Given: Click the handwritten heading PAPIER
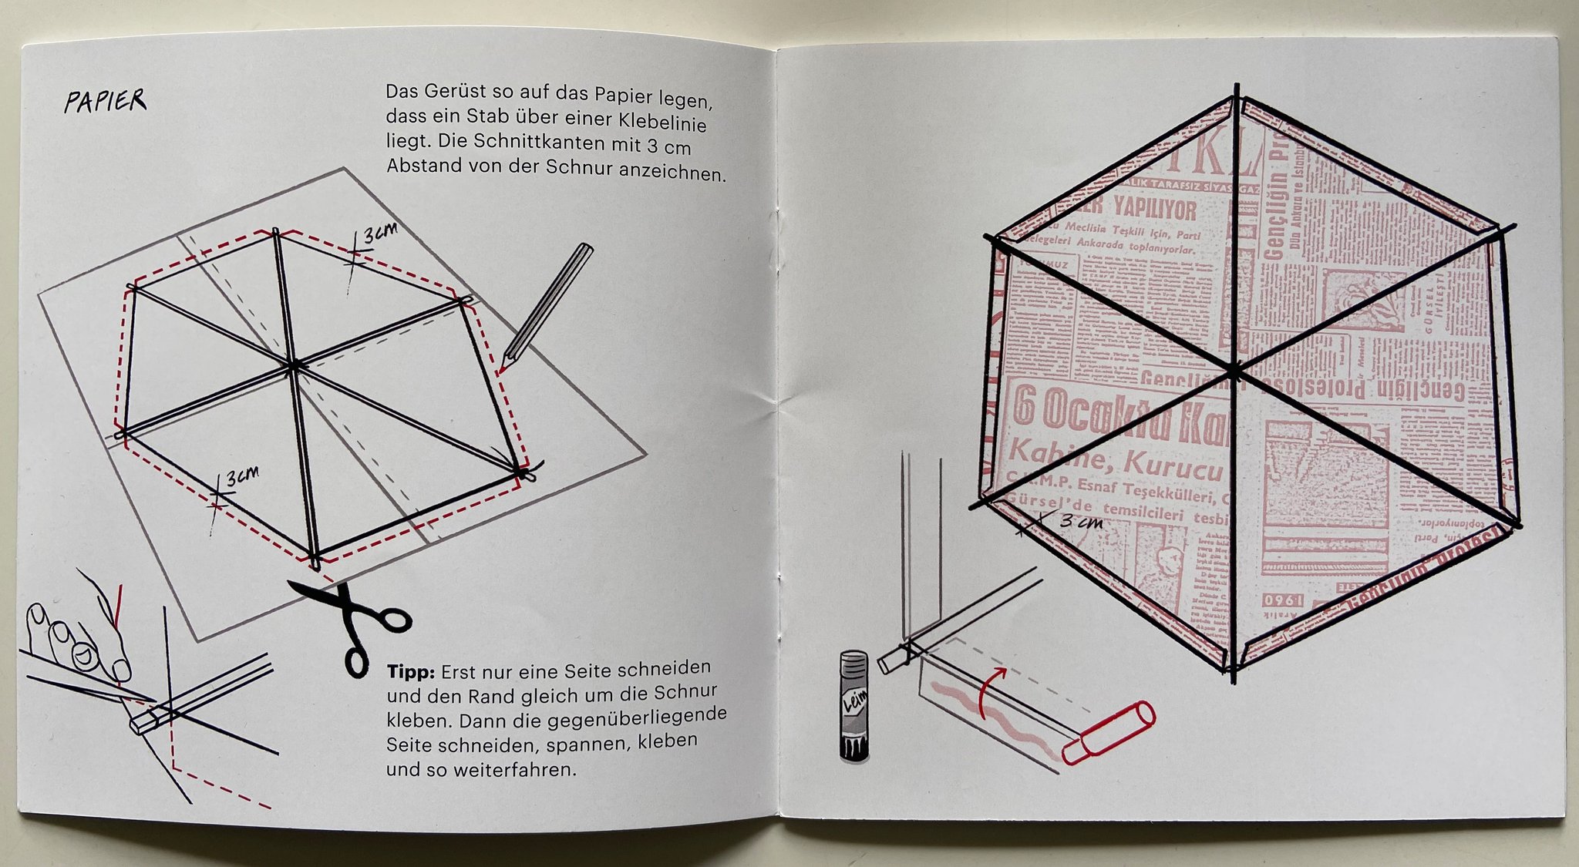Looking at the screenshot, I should [105, 101].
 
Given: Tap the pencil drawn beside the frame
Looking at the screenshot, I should [547, 304].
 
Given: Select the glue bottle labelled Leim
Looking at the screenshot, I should [854, 706].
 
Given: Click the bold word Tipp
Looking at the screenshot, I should [410, 672].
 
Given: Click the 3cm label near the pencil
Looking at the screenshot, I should [380, 231].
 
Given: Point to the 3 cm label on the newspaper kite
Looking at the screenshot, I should [1081, 521].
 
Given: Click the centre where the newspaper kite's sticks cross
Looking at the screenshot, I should [1234, 371].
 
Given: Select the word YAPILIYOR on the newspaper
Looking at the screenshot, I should [1154, 209].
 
